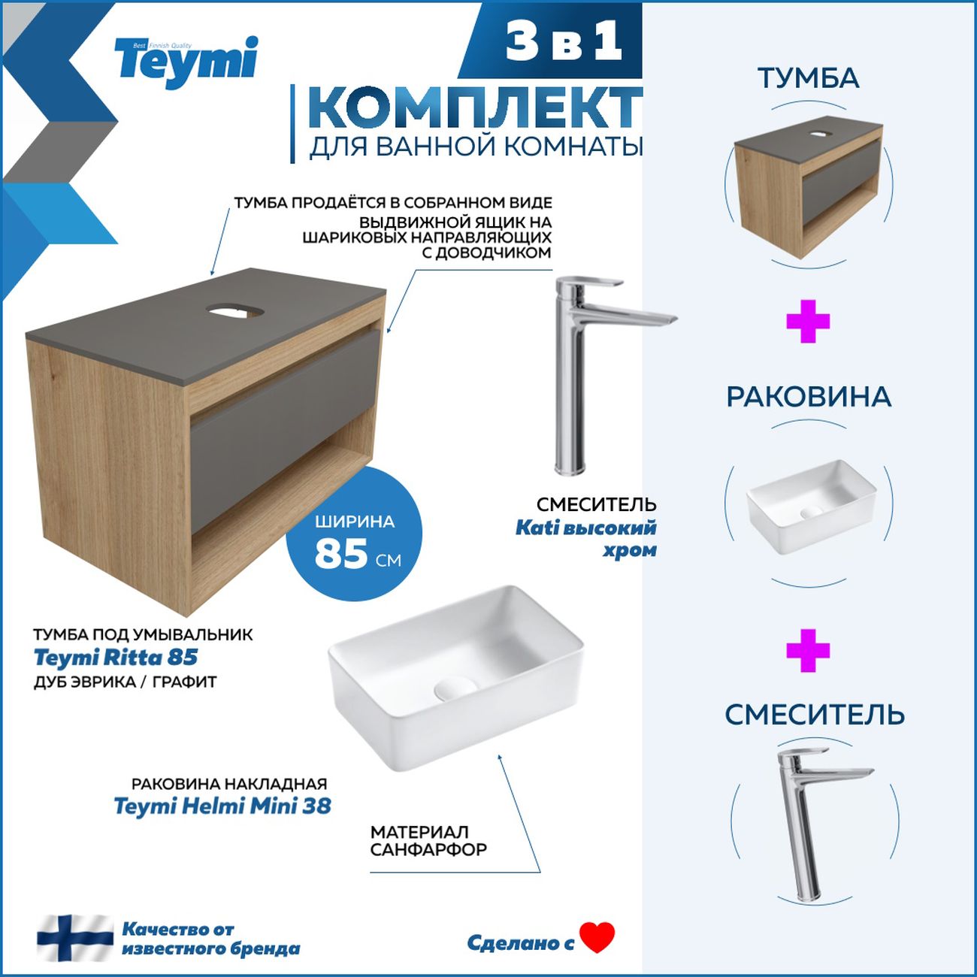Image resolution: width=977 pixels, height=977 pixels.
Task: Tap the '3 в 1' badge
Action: pos(564,41)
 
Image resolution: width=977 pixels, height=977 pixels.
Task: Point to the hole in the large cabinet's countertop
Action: pos(232,309)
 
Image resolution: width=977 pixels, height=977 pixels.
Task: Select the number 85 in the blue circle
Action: pos(341,555)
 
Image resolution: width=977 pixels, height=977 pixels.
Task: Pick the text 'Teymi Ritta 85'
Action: pos(116,658)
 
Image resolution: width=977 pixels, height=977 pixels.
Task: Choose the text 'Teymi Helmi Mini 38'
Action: pos(222,806)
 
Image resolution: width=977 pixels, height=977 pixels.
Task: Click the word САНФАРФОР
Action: pos(428,850)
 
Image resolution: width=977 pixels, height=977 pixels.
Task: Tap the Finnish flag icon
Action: pos(75,938)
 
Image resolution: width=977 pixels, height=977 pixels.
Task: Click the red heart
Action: pos(597,937)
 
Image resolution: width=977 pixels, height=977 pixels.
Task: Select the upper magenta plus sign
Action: pos(808,322)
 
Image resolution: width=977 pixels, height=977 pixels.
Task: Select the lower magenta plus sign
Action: pos(808,650)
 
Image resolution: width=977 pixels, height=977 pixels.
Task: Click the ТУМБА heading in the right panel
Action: pos(808,78)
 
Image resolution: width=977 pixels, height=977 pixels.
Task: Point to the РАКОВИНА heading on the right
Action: pos(809,397)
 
